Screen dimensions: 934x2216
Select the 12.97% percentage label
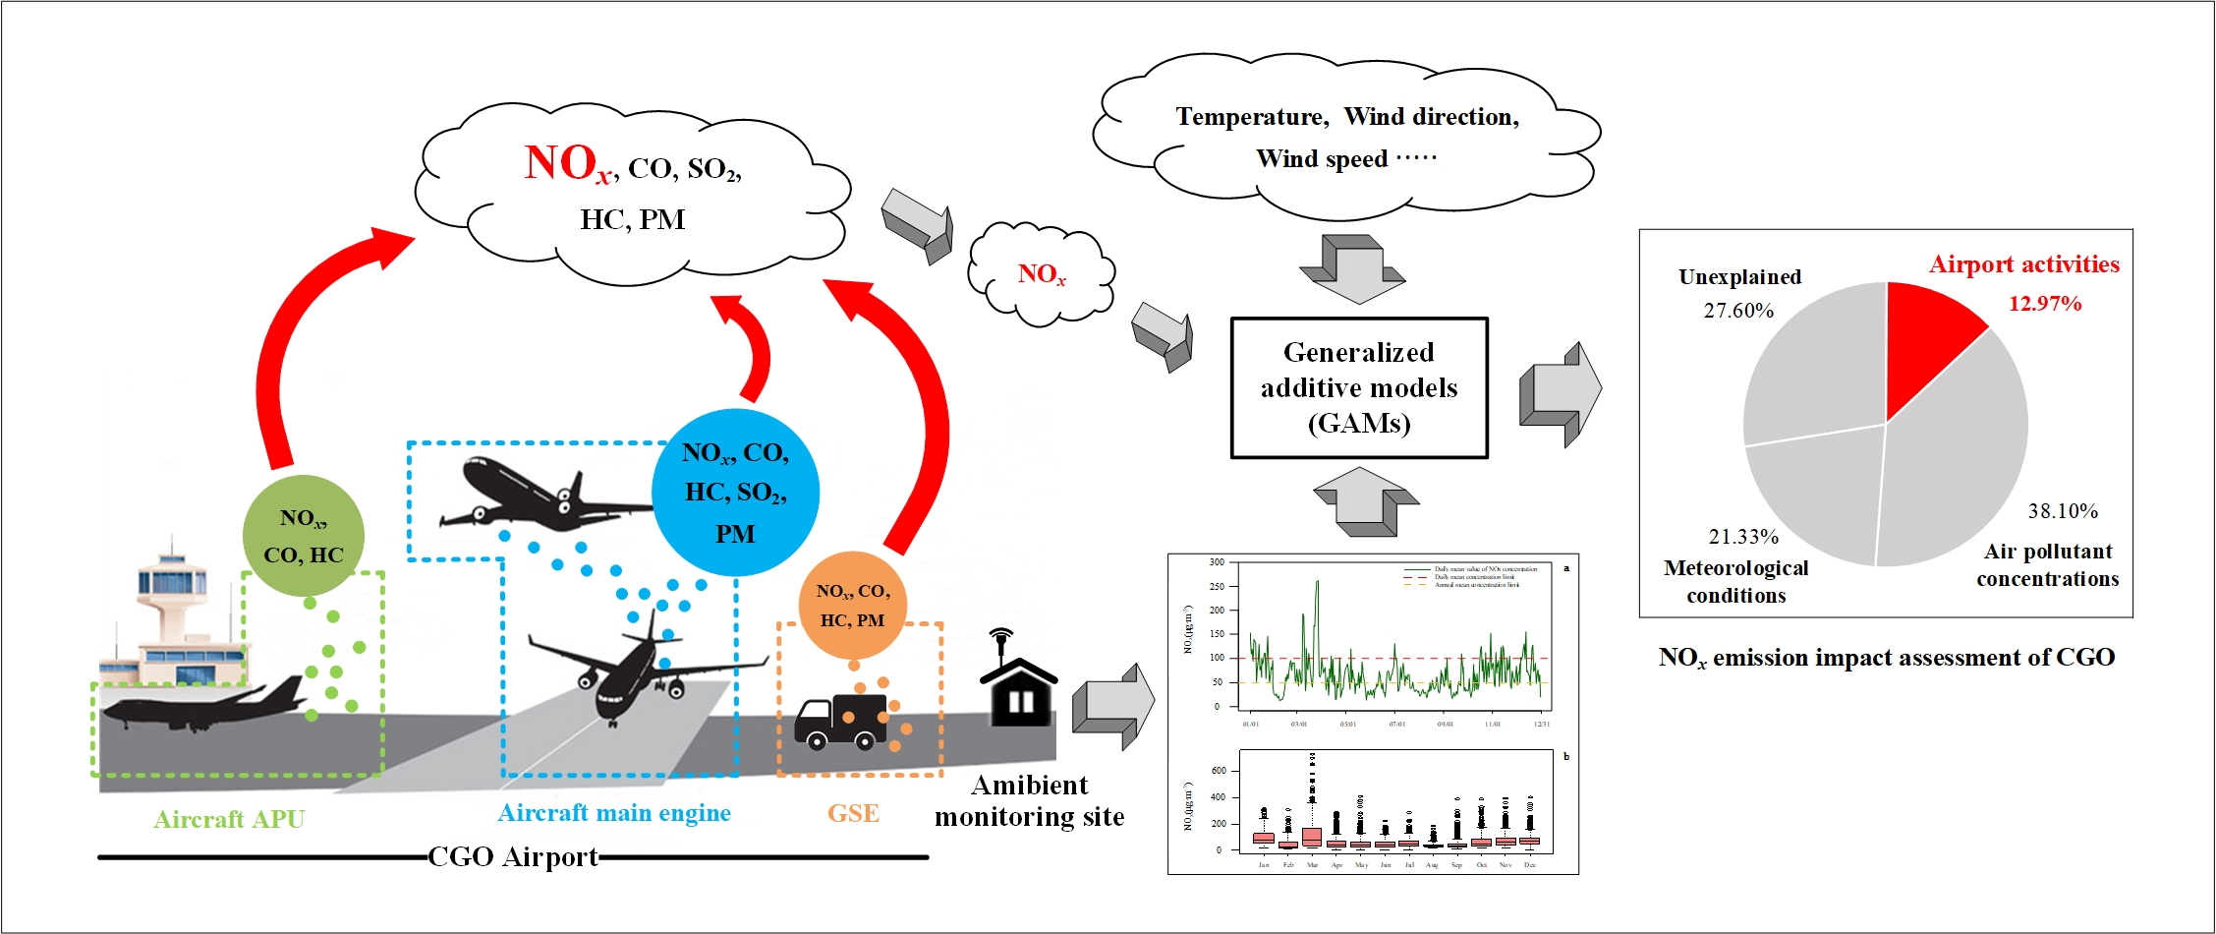point(2044,304)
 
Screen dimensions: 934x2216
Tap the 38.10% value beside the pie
point(2063,511)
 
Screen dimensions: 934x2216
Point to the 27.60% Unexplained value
point(1738,311)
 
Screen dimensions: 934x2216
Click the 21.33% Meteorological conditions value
point(1743,537)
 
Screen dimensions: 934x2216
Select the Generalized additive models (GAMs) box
point(1359,388)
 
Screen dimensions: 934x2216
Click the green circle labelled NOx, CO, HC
point(304,536)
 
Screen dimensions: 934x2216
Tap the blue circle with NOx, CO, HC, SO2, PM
point(735,492)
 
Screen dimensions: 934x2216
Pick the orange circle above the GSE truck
point(853,606)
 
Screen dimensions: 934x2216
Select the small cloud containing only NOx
point(1042,274)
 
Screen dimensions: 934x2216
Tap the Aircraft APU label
point(229,819)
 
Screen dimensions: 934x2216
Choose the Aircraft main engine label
point(614,813)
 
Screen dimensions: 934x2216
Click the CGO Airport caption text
point(513,857)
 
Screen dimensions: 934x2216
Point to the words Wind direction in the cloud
point(1431,117)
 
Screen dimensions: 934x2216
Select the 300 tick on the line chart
point(1217,562)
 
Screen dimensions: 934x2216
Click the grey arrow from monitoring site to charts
point(1112,706)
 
